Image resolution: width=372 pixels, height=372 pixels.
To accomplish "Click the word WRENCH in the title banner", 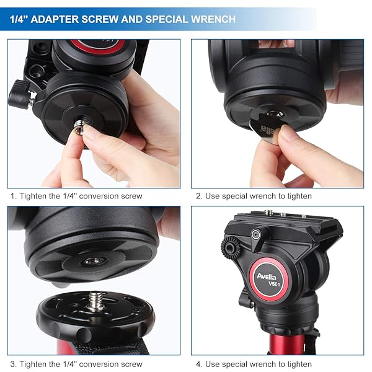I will pyautogui.click(x=210, y=19).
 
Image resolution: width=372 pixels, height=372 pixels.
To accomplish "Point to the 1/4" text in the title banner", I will pyautogui.click(x=19, y=19).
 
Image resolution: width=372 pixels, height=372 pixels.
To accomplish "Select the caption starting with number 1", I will pyautogui.click(x=76, y=196).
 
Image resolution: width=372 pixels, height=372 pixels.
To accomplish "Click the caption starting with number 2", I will pyautogui.click(x=254, y=196).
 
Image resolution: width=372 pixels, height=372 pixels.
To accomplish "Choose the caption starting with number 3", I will pyautogui.click(x=76, y=364).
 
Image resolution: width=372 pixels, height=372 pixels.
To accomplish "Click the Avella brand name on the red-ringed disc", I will pyautogui.click(x=268, y=276).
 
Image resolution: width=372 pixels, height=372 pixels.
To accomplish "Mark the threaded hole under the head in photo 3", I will pyautogui.click(x=94, y=262).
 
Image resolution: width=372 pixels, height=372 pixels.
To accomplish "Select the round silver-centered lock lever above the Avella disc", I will pyautogui.click(x=255, y=234).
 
